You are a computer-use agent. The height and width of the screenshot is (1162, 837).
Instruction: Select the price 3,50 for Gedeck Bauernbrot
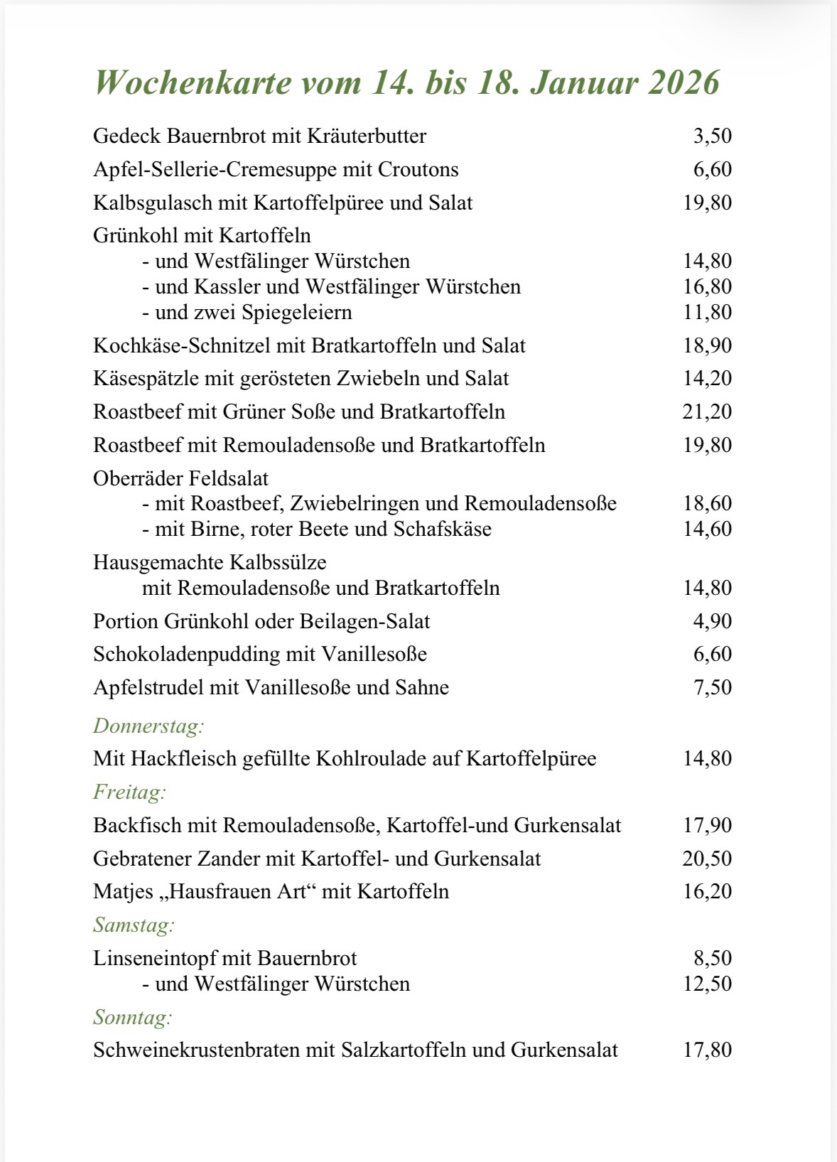pyautogui.click(x=712, y=136)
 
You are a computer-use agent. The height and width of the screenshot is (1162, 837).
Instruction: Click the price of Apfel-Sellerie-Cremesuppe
pyautogui.click(x=712, y=169)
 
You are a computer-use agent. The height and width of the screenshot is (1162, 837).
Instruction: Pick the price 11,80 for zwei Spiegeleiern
pyautogui.click(x=707, y=312)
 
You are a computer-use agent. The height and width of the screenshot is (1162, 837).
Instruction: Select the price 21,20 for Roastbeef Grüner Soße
pyautogui.click(x=707, y=411)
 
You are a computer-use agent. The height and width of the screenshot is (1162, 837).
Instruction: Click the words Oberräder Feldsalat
pyautogui.click(x=180, y=478)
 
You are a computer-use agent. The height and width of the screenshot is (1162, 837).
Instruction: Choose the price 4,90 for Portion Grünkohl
pyautogui.click(x=712, y=621)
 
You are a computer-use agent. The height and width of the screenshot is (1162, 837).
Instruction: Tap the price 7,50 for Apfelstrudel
pyautogui.click(x=712, y=687)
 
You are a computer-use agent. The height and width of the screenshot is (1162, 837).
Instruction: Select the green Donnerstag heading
pyautogui.click(x=148, y=726)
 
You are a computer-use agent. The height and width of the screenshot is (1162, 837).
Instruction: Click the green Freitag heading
pyautogui.click(x=129, y=792)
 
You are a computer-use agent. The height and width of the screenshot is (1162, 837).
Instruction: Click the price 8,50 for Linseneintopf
pyautogui.click(x=712, y=958)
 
